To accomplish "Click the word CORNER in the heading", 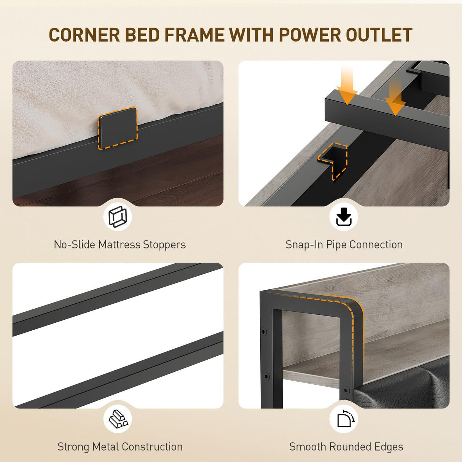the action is pyautogui.click(x=84, y=35).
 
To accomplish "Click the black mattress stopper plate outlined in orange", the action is pyautogui.click(x=118, y=128).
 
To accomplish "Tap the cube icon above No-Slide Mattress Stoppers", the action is pyautogui.click(x=118, y=217).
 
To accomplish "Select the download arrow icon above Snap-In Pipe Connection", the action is pyautogui.click(x=344, y=217).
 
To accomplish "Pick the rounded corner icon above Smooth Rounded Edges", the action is pyautogui.click(x=345, y=419).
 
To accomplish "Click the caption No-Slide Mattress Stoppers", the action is pyautogui.click(x=119, y=245).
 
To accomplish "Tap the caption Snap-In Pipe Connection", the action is pyautogui.click(x=344, y=245).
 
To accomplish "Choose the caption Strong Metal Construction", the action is pyautogui.click(x=120, y=447).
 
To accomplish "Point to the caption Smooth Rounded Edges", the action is pyautogui.click(x=346, y=447).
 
